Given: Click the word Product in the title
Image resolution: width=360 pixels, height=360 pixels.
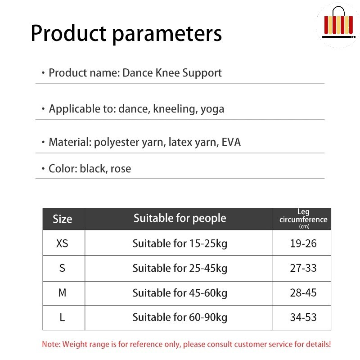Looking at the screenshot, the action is (x=69, y=33).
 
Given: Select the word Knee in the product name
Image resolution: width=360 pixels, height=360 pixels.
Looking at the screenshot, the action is (x=168, y=73).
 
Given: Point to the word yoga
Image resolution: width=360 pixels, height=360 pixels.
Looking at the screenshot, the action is (x=212, y=109).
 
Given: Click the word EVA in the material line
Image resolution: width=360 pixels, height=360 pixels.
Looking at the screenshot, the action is (x=231, y=142).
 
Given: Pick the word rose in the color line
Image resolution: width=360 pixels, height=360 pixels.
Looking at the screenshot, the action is (x=121, y=169).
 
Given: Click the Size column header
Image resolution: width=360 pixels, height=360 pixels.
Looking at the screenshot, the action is (x=63, y=219).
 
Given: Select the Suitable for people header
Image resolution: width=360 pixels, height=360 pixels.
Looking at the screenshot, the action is (x=180, y=218).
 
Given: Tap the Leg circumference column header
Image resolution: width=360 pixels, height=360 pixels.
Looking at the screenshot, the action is (x=303, y=219).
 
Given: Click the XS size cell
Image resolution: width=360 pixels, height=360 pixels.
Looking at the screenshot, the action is (x=62, y=243).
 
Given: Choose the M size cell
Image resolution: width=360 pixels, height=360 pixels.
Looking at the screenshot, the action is (x=63, y=293).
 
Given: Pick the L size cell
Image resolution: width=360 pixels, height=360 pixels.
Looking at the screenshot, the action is (x=62, y=318).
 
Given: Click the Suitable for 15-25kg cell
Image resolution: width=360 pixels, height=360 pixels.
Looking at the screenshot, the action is (x=180, y=244).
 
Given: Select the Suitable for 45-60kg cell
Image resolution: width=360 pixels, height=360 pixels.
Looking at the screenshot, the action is (x=180, y=293).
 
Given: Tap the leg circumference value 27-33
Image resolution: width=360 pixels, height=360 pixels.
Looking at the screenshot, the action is (x=303, y=268).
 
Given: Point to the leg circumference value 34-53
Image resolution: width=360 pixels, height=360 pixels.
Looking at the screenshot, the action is (x=303, y=318).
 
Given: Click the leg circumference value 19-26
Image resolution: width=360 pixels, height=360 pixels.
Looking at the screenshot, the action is (x=303, y=243).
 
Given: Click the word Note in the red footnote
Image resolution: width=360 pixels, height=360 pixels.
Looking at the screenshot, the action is (x=51, y=344).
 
